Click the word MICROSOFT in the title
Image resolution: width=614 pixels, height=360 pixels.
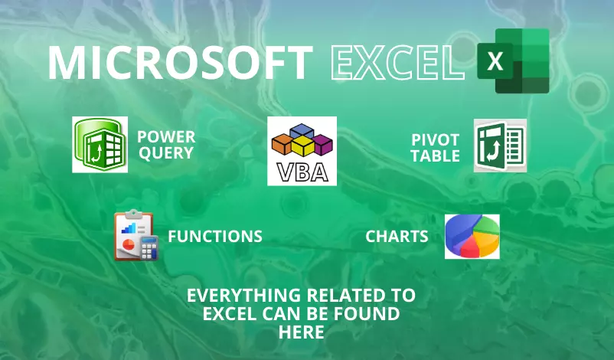pos(180,63)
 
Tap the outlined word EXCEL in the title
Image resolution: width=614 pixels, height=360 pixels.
pos(398,63)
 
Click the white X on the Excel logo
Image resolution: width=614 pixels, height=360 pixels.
pos(495,61)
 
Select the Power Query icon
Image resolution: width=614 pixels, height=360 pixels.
pos(100,145)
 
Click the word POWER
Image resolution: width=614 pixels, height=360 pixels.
pos(166,136)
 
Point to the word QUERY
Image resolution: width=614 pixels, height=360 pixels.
pos(166,152)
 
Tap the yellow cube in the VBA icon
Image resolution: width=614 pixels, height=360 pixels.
pos(302,146)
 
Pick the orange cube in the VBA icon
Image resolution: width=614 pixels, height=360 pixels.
pos(283,143)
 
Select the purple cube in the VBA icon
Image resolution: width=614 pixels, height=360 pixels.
pos(322,144)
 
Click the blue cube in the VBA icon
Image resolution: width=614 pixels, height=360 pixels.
pos(302,131)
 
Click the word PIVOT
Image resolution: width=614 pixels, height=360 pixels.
pos(435,140)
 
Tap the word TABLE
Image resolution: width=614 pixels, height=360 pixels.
pos(435,156)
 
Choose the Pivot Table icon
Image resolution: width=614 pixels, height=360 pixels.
pos(500,146)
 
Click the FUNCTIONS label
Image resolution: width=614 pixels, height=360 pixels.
pos(215,236)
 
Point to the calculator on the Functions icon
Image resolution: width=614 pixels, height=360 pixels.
pos(149,247)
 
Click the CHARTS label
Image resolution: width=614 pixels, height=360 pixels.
pos(397,236)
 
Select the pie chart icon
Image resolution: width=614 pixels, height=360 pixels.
pos(472,237)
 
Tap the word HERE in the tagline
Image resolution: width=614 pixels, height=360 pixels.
pos(301,332)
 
